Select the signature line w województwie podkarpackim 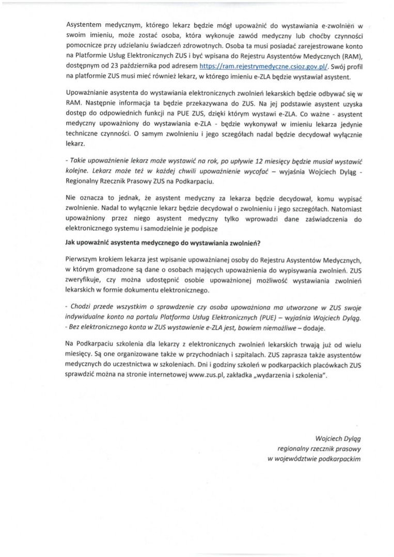(x=314, y=458)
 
